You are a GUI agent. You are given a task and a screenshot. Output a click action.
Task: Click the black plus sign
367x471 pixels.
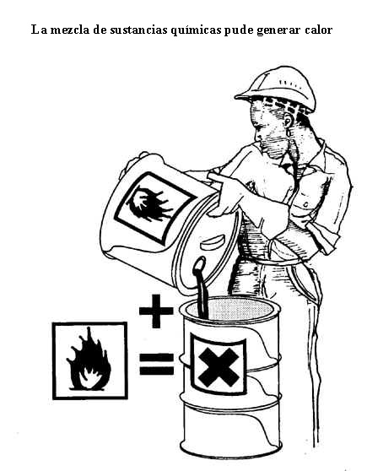click(156, 311)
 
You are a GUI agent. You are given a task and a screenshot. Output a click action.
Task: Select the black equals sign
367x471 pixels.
click(156, 364)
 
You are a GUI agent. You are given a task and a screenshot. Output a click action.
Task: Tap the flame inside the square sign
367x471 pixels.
click(89, 360)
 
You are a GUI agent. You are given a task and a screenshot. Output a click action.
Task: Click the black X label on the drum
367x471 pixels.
click(219, 364)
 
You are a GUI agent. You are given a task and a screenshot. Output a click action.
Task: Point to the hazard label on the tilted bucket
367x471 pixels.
click(154, 207)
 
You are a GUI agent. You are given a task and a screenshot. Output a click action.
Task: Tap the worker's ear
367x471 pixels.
click(288, 124)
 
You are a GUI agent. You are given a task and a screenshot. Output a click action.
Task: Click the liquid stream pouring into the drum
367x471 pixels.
click(201, 288)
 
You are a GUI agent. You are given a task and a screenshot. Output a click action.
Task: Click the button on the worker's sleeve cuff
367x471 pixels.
click(306, 205)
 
